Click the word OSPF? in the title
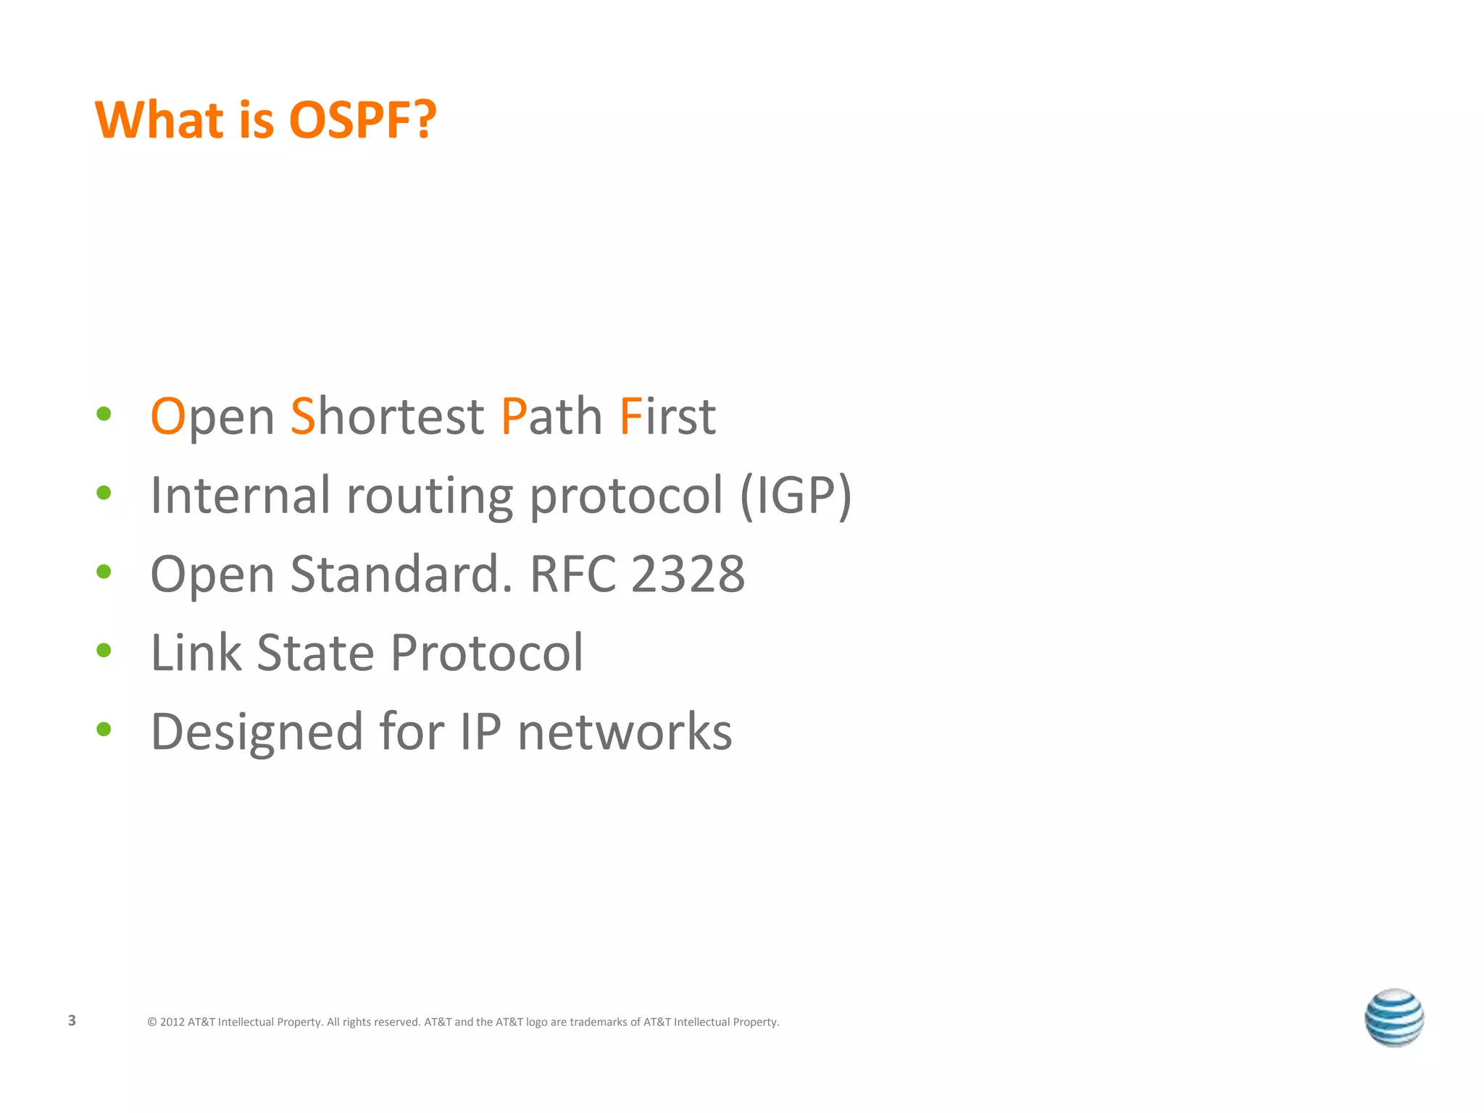(362, 120)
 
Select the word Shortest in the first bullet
(387, 417)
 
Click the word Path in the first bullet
(551, 417)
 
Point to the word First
(667, 417)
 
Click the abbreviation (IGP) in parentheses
(795, 496)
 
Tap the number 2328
(688, 574)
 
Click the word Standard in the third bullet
(396, 574)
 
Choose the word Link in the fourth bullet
(196, 653)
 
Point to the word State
(316, 653)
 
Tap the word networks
(625, 733)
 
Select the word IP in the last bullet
(480, 732)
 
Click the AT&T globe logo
(1393, 1018)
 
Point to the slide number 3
(72, 1021)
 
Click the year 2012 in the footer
(172, 1022)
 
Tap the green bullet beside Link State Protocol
(104, 651)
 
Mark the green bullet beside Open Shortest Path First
(104, 414)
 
